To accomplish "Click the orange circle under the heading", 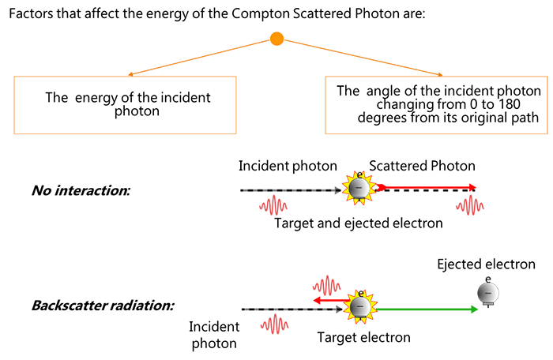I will click(x=276, y=39).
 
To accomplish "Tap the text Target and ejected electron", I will click(x=358, y=223).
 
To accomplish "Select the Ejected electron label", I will click(x=486, y=264).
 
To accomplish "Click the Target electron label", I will click(x=363, y=337).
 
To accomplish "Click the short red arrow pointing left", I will click(x=329, y=301).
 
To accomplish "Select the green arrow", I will click(x=426, y=309).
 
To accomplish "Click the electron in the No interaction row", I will click(x=358, y=187).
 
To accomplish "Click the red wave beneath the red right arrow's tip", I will click(x=471, y=205).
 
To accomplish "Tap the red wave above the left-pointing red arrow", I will click(x=325, y=285).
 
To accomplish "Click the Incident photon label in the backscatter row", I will click(x=213, y=335).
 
